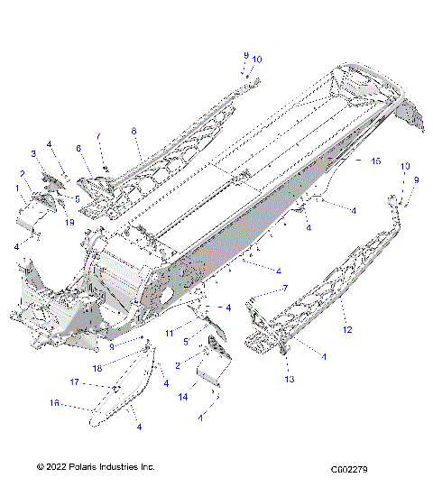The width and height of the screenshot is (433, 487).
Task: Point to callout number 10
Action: pos(257,59)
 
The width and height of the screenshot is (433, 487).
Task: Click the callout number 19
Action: pos(69,220)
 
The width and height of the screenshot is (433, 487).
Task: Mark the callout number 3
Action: pos(33,154)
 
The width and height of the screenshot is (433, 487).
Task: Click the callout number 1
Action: pos(16,187)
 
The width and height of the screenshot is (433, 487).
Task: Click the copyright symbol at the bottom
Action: pos(40,466)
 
